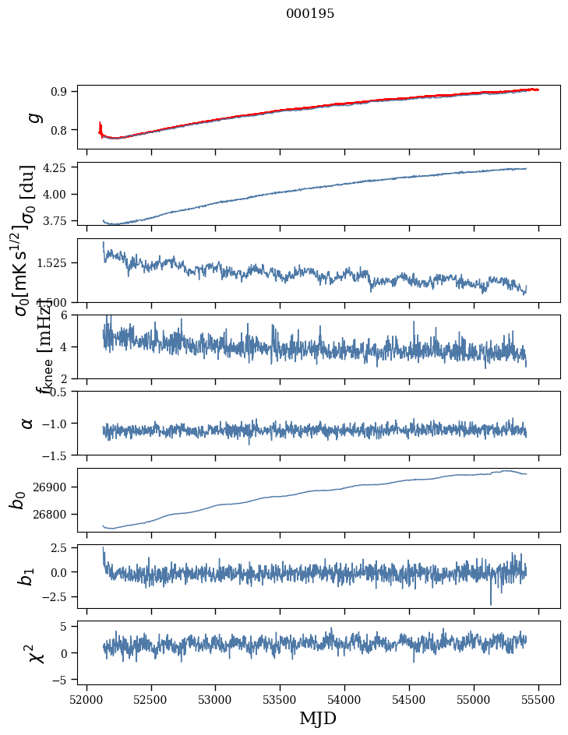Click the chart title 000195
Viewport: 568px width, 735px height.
tap(310, 14)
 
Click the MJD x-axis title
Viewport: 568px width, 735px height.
tap(318, 718)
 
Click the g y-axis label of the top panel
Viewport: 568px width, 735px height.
tap(33, 117)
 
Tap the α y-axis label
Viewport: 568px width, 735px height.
tap(27, 423)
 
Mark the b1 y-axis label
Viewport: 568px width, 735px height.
tap(27, 576)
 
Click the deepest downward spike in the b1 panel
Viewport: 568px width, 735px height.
tap(491, 604)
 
